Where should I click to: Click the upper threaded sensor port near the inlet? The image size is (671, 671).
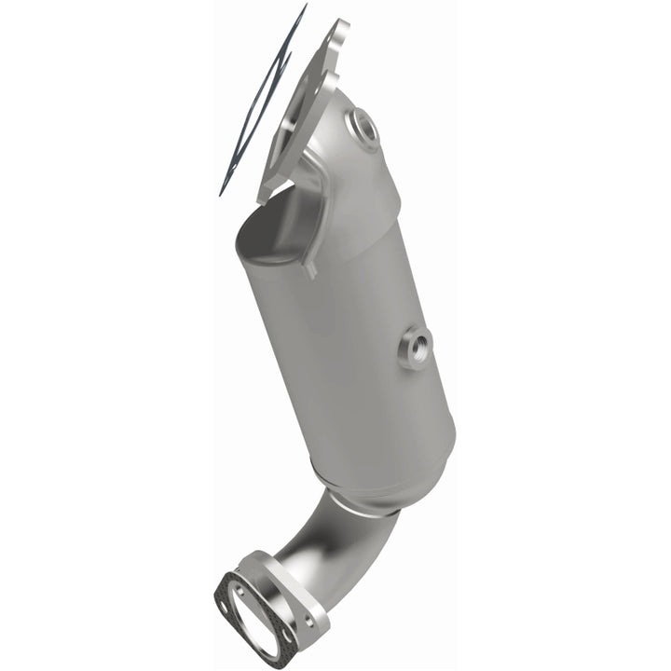(x=364, y=127)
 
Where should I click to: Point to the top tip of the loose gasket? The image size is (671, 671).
(x=304, y=7)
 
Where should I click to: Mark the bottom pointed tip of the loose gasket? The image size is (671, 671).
(x=221, y=193)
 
